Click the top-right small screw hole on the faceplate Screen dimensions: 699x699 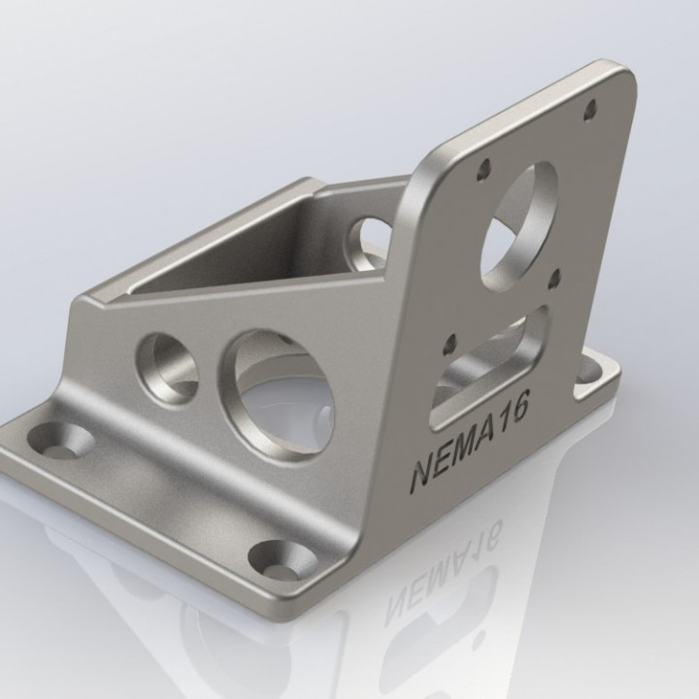(587, 110)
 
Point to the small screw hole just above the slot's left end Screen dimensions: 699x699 (449, 343)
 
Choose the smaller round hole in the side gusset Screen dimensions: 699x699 (171, 367)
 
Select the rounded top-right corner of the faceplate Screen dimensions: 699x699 (622, 74)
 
